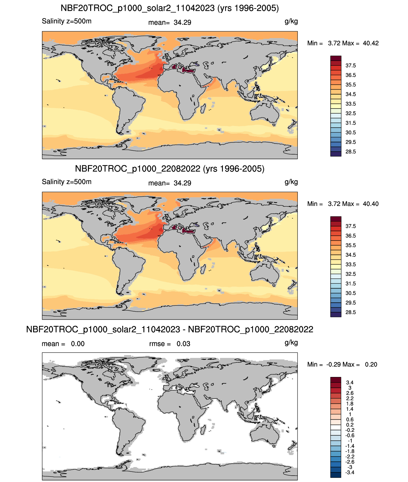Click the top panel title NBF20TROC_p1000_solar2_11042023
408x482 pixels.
click(x=137, y=8)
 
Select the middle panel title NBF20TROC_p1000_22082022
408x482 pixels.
click(x=137, y=168)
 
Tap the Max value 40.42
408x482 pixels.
click(x=371, y=43)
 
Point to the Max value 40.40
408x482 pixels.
click(x=371, y=204)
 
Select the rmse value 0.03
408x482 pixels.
click(x=183, y=344)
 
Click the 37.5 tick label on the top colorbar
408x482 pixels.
click(x=351, y=66)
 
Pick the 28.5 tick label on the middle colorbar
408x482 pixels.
click(x=351, y=312)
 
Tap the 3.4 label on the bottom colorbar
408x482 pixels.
click(x=350, y=382)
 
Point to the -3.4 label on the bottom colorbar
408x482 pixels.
click(x=350, y=472)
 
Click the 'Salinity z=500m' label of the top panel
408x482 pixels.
click(x=66, y=21)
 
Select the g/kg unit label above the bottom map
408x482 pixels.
click(x=291, y=343)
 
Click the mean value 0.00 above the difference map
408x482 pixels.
click(x=78, y=344)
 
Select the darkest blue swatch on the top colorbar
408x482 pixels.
click(x=336, y=154)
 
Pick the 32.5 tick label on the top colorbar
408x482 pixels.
click(x=351, y=113)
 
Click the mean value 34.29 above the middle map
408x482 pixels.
click(x=182, y=183)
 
